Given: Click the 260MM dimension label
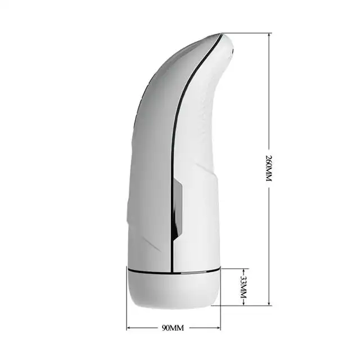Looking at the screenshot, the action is coord(269,168).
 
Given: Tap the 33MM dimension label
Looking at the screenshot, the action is coord(244,287).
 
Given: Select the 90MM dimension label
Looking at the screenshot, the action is coord(173,328).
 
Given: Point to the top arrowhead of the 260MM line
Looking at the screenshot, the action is coord(269,35).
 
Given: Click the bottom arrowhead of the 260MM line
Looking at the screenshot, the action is coord(269,303).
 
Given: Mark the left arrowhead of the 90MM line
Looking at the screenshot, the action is coord(129,328).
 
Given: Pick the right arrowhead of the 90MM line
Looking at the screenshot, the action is coord(218,328).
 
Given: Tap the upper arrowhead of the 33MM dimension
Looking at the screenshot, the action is coord(244,271).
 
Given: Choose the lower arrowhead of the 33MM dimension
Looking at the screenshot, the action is coord(244,303).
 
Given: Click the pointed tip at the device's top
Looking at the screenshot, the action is coord(221,34).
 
